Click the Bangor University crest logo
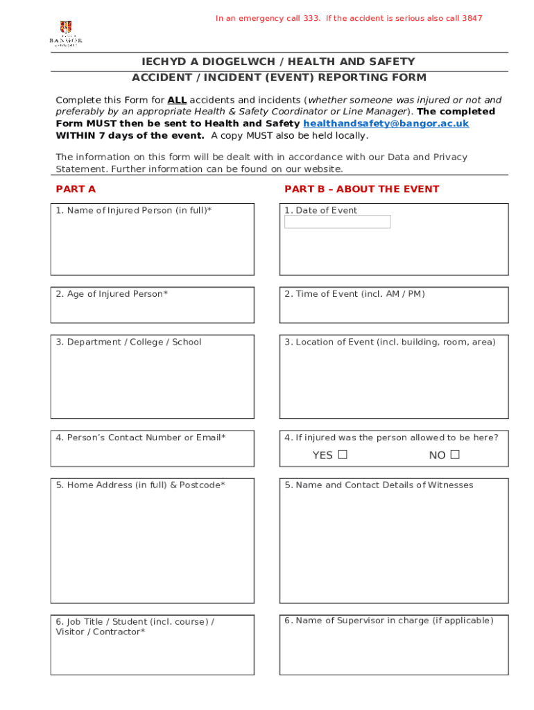[66, 28]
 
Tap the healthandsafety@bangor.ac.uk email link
[386, 123]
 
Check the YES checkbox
[343, 455]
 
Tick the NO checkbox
[455, 455]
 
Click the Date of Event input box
[338, 222]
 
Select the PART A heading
[76, 189]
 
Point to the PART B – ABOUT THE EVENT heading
[361, 189]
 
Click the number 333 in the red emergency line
[311, 18]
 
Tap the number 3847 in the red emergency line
[472, 18]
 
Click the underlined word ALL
[177, 100]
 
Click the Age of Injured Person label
[112, 294]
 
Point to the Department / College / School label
[128, 342]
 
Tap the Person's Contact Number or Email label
[141, 438]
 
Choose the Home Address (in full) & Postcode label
[140, 485]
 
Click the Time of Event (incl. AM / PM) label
[354, 294]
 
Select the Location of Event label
[390, 342]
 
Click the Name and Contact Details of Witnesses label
[379, 485]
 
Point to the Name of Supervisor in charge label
[388, 621]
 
